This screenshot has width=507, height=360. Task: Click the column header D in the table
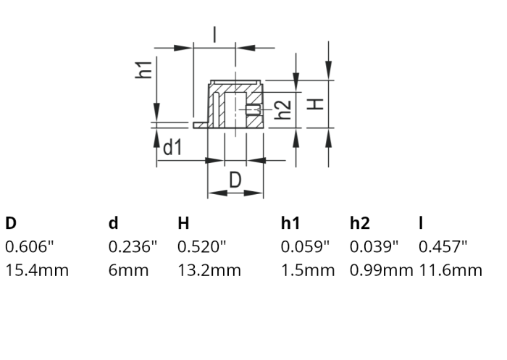(11, 223)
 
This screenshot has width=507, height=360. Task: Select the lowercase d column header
(113, 223)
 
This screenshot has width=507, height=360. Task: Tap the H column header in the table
(183, 223)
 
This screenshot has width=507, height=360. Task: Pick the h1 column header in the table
(290, 223)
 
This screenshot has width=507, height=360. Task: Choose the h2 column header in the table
(361, 223)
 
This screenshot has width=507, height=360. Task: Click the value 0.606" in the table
(30, 247)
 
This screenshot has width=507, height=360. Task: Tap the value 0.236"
(133, 247)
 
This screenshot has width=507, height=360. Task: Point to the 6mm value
(128, 271)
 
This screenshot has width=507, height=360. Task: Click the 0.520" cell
(202, 247)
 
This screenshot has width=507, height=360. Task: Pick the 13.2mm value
(209, 271)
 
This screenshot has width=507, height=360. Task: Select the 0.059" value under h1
(305, 247)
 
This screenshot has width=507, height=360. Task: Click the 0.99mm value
(381, 271)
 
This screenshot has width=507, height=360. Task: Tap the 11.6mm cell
(450, 271)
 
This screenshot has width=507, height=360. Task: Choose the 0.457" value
(443, 247)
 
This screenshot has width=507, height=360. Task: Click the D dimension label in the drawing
(235, 179)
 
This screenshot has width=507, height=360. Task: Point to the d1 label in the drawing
(172, 148)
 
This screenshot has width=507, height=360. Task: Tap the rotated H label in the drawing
(316, 104)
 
